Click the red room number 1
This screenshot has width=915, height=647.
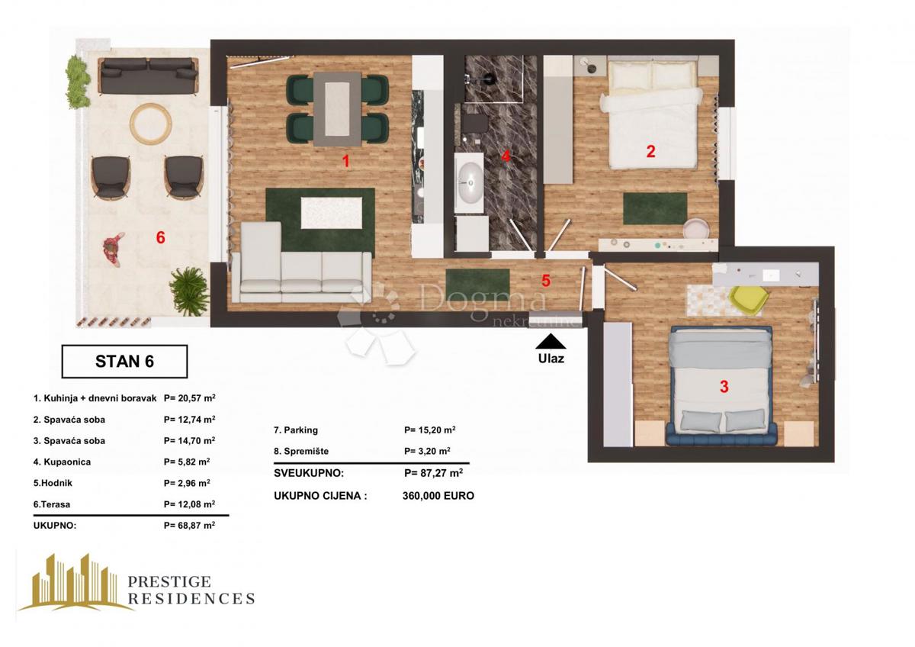tap(345, 161)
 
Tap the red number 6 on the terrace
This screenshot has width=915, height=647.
tap(160, 237)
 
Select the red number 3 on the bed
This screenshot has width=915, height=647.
tap(724, 387)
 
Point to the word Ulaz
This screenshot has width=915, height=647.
tap(551, 358)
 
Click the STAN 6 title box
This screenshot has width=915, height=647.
tap(124, 362)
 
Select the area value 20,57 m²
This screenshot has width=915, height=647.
tap(189, 398)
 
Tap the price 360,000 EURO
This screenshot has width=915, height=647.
tap(438, 495)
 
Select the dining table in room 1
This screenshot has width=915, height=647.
tap(336, 108)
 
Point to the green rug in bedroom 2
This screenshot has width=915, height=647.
tap(654, 208)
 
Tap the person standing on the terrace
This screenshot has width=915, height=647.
tap(113, 249)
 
